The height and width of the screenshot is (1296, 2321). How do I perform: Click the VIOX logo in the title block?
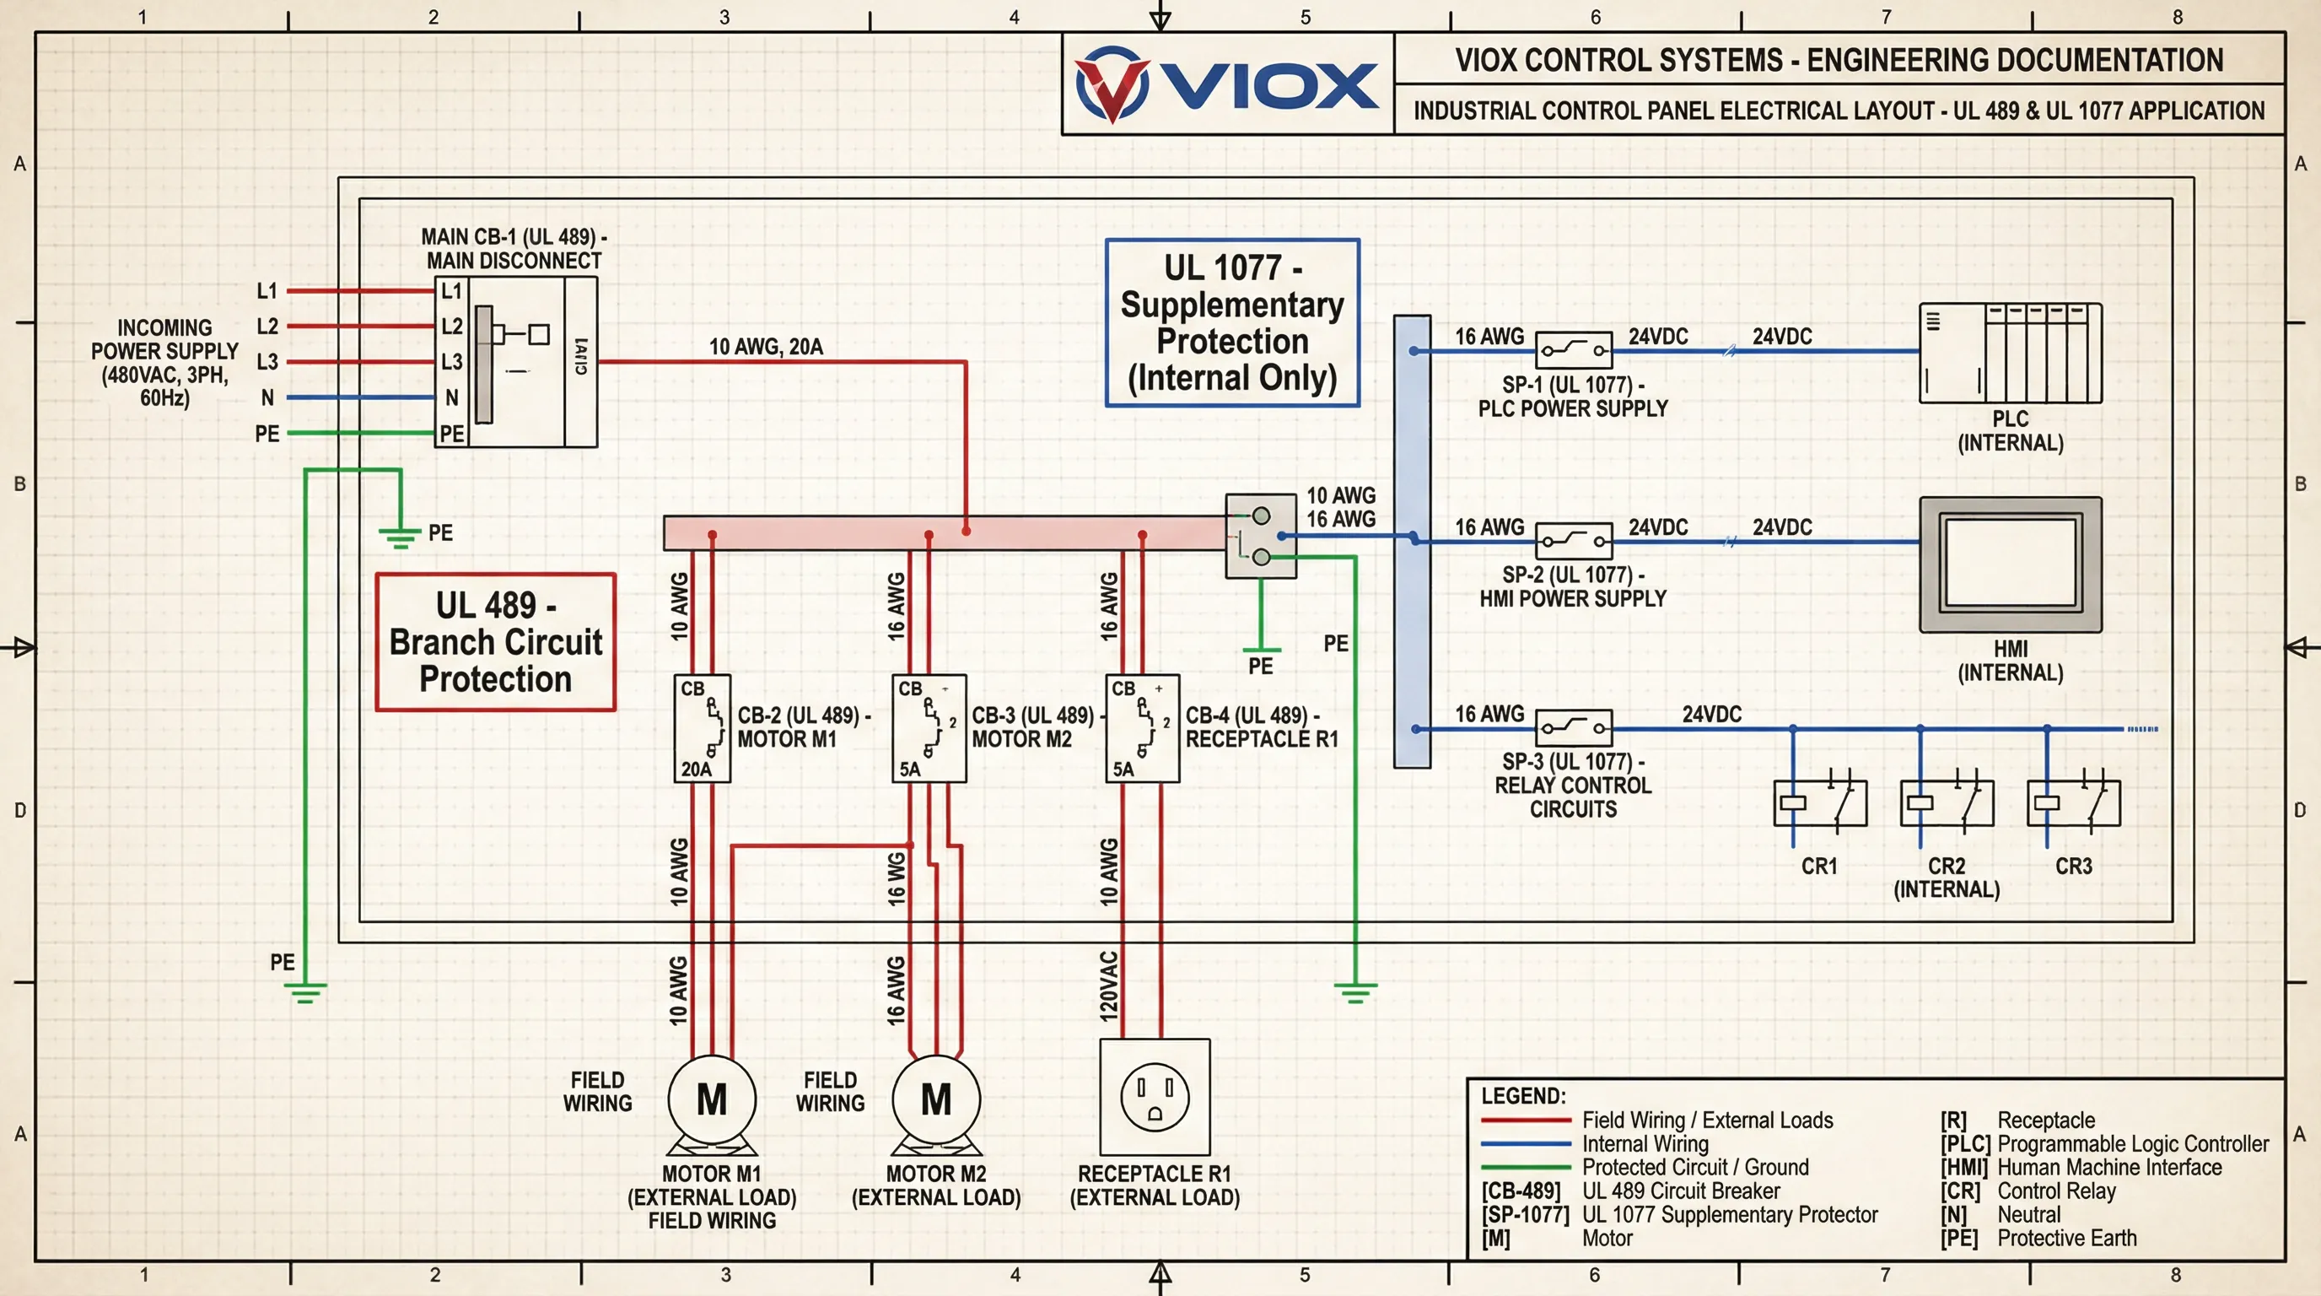coord(1227,84)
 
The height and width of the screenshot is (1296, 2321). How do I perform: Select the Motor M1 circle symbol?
coord(711,1099)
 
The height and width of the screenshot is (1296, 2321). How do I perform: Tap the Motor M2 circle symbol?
coord(935,1099)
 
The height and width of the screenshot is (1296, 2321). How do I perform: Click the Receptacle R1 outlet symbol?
coord(1155,1097)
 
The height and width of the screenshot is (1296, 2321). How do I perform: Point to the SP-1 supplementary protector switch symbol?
coord(1573,349)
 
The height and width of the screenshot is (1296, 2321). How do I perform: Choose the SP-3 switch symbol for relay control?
coord(1573,726)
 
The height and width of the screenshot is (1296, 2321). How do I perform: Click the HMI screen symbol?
coord(2010,564)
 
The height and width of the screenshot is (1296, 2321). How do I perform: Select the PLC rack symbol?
coord(2010,354)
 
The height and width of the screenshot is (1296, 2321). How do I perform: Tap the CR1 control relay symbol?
coord(1819,802)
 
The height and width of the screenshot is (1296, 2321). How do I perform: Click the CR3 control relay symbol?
coord(2073,802)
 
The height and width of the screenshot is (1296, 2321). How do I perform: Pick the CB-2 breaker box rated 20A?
coord(702,728)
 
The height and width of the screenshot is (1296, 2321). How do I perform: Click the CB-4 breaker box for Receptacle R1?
coord(1143,728)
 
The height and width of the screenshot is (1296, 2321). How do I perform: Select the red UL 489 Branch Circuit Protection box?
coord(496,642)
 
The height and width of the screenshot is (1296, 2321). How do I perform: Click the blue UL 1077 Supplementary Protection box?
coord(1231,322)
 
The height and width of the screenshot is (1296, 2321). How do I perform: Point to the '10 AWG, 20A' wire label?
coord(766,347)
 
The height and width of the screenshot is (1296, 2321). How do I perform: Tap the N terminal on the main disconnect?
coord(451,397)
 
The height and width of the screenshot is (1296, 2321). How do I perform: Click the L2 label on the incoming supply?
coord(267,327)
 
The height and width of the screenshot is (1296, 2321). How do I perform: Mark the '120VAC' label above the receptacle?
coord(1108,985)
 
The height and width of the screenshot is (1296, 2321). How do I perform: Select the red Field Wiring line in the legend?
coord(1526,1120)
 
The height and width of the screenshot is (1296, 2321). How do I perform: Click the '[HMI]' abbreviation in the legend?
coord(1963,1167)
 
